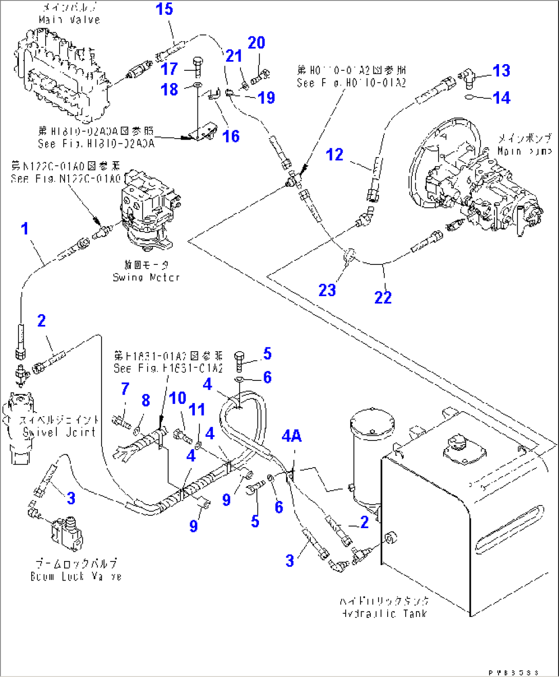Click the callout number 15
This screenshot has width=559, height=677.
(x=164, y=9)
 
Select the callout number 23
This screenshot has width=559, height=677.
(x=327, y=291)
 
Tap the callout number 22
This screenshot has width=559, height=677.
(x=383, y=298)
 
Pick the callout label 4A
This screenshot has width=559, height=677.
(x=291, y=436)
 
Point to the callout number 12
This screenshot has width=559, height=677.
(x=334, y=154)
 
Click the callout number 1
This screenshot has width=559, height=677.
(x=25, y=229)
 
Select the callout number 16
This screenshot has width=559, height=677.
(x=231, y=136)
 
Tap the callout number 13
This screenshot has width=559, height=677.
(x=501, y=71)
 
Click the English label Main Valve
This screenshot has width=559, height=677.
(x=69, y=20)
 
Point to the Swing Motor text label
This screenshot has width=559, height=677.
(x=146, y=277)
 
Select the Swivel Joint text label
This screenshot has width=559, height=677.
(x=59, y=432)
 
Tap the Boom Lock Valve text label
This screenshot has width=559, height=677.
(x=76, y=576)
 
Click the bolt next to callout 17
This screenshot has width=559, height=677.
(x=198, y=66)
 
